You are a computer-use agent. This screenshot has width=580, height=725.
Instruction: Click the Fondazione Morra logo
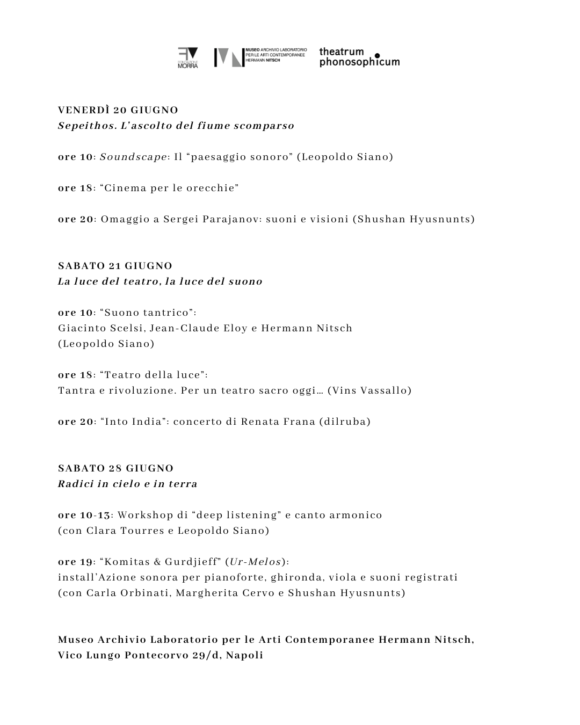click(x=187, y=58)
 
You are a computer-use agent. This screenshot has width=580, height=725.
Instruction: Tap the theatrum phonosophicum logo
click(x=359, y=57)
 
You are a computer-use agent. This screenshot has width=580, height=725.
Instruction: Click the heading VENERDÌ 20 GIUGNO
click(x=118, y=110)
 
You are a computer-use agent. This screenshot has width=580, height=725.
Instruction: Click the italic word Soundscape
click(x=133, y=157)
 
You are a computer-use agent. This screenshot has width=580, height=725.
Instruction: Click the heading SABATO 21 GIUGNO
click(x=115, y=266)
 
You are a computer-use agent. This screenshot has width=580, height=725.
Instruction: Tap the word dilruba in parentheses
click(x=345, y=422)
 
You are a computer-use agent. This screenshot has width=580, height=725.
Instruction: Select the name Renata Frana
click(x=278, y=422)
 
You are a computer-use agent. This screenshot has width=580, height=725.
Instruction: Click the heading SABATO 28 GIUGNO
click(x=115, y=468)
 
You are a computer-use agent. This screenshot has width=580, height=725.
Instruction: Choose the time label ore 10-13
click(x=84, y=515)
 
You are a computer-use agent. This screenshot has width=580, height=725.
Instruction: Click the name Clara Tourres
click(x=125, y=531)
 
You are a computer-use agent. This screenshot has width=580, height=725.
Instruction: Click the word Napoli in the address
click(x=244, y=655)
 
